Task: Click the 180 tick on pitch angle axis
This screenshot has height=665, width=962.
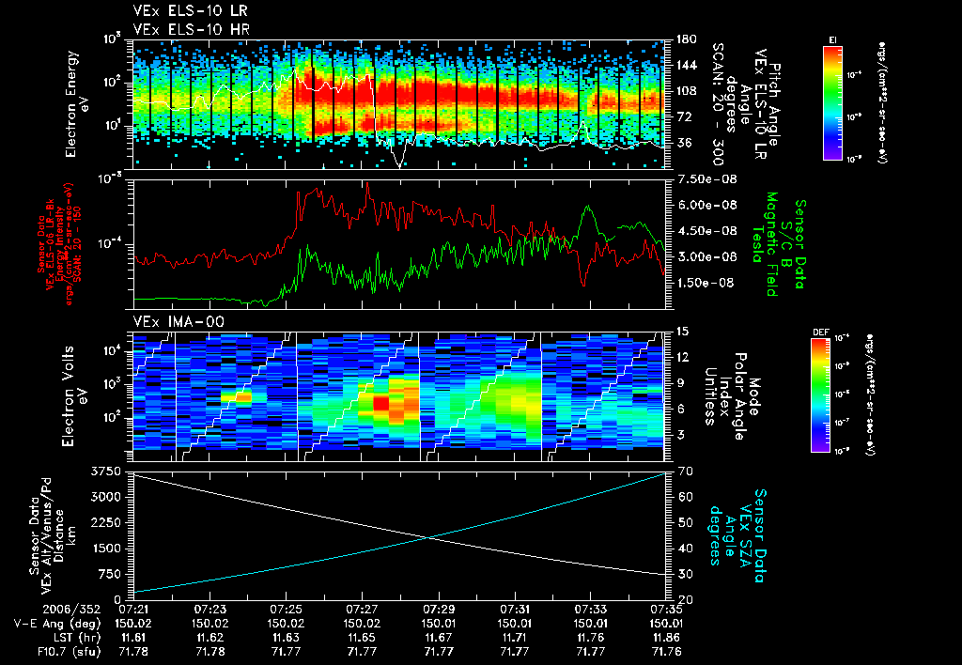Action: tap(684, 39)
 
